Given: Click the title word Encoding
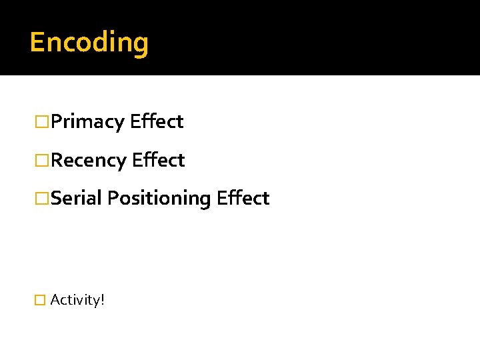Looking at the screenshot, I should tap(89, 43).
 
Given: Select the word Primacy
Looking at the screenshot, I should tap(87, 122).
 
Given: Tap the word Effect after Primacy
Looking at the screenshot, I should tap(157, 121).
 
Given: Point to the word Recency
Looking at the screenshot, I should tap(88, 161).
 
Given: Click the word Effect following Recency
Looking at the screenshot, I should tap(158, 160).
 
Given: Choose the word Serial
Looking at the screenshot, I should tap(76, 198).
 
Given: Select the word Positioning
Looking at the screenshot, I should tap(159, 199).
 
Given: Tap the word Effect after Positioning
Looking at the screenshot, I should tap(243, 198).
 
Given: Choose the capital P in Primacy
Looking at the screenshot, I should tap(55, 121).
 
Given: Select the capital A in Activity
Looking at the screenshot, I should tap(55, 300).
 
